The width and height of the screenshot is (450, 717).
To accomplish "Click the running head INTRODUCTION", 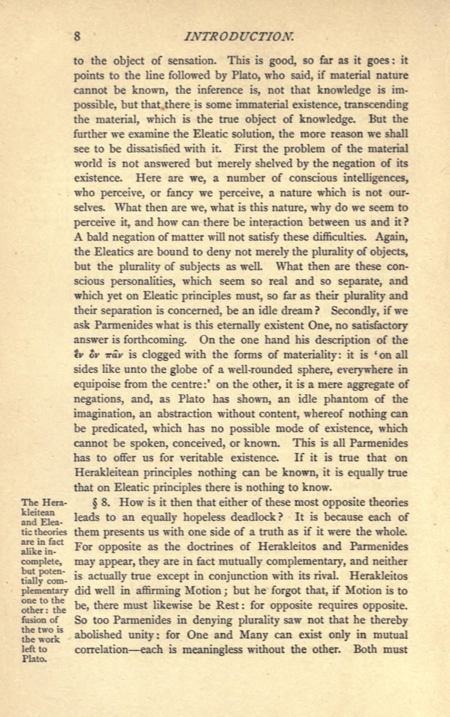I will (x=240, y=37).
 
